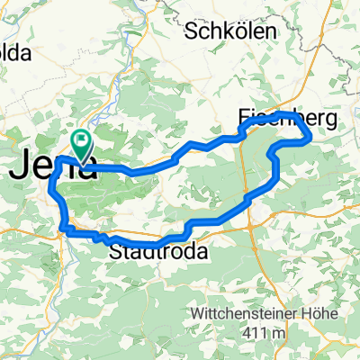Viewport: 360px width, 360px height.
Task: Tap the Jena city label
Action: [x=54, y=166]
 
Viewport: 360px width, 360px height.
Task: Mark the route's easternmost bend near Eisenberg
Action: [x=309, y=136]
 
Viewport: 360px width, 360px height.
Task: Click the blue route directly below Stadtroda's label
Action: [x=157, y=243]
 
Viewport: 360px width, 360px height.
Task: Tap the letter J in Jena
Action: [x=22, y=166]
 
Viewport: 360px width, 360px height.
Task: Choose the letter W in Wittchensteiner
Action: [x=198, y=313]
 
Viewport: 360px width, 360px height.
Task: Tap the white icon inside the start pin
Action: [x=81, y=139]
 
